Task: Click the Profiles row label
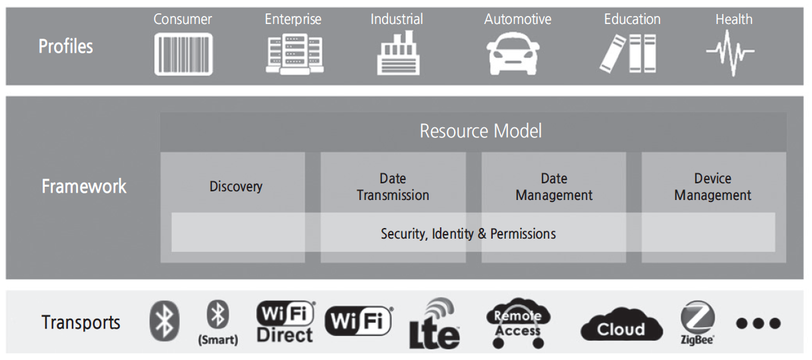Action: point(65,47)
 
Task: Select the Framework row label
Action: point(83,186)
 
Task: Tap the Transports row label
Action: point(81,323)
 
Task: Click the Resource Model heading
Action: point(480,131)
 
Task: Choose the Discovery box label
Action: point(235,187)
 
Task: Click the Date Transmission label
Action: point(393,187)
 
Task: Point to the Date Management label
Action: point(553,187)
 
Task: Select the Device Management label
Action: point(712,187)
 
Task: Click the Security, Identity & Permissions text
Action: point(468,234)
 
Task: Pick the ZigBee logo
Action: point(697,323)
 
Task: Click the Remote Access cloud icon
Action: point(518,323)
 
